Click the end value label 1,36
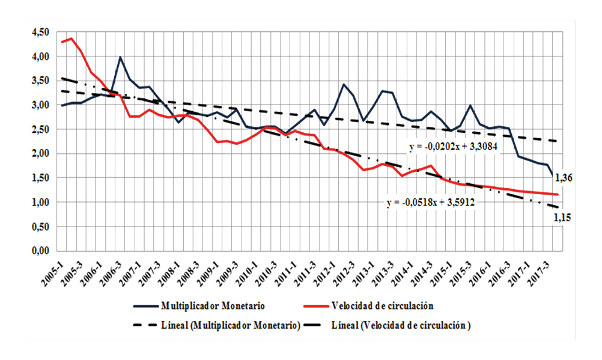tap(564, 177)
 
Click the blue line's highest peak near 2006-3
tap(120, 57)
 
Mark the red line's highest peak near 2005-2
tap(71, 38)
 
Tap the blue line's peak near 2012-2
tap(344, 84)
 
